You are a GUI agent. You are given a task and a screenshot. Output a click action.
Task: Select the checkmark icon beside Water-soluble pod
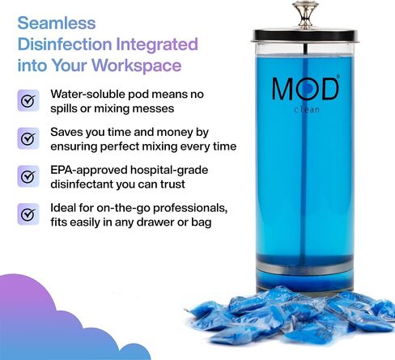click(x=28, y=101)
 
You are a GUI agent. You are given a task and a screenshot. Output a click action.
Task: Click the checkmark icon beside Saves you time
click(x=28, y=138)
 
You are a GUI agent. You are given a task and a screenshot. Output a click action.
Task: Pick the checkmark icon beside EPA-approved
click(x=28, y=176)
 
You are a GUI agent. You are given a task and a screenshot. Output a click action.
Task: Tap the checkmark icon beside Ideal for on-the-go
click(x=28, y=214)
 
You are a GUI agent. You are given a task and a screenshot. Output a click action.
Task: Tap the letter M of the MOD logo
click(x=286, y=89)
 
